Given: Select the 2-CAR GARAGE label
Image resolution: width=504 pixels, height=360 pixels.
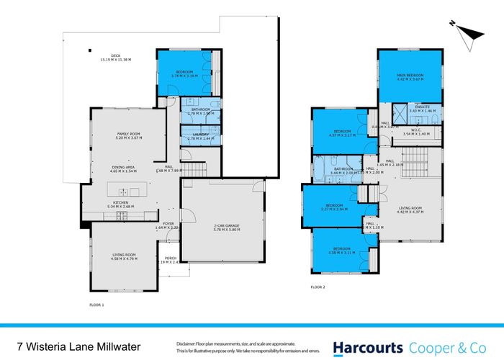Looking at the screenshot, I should coord(222,227).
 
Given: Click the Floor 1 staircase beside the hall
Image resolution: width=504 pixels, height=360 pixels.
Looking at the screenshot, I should coord(194,169).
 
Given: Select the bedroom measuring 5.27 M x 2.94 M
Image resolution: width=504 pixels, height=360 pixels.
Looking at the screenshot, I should coord(334,207).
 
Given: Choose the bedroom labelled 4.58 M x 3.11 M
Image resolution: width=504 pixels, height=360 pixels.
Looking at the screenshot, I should coord(343,251).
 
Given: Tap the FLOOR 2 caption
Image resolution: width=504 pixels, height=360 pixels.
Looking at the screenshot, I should coord(318,286).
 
